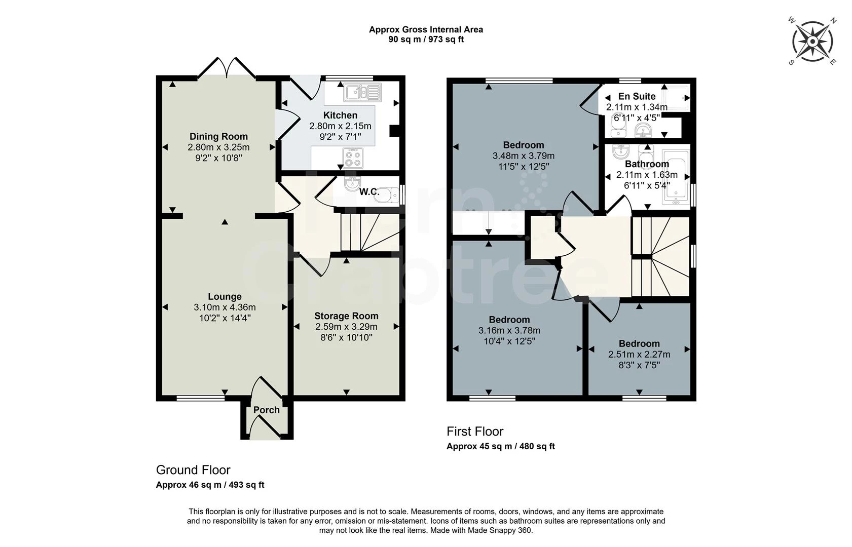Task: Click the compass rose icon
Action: pos(812,42)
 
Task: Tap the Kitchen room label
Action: pos(340,115)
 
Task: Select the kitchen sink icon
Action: pos(362,93)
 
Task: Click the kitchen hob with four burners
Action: pos(353,158)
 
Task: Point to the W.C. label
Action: pos(369,192)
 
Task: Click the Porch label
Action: pos(266,410)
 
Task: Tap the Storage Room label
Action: pos(346,316)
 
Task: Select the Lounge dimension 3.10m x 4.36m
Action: pos(225,307)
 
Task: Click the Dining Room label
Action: pos(218,136)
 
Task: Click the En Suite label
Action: pos(637,96)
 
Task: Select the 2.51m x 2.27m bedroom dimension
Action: pos(639,355)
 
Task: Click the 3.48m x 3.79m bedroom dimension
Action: pos(523,156)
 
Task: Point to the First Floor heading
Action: pos(474,432)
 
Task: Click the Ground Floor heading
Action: pos(193,470)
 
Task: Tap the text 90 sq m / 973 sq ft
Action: pos(426,40)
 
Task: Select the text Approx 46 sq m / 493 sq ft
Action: pos(210,485)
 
